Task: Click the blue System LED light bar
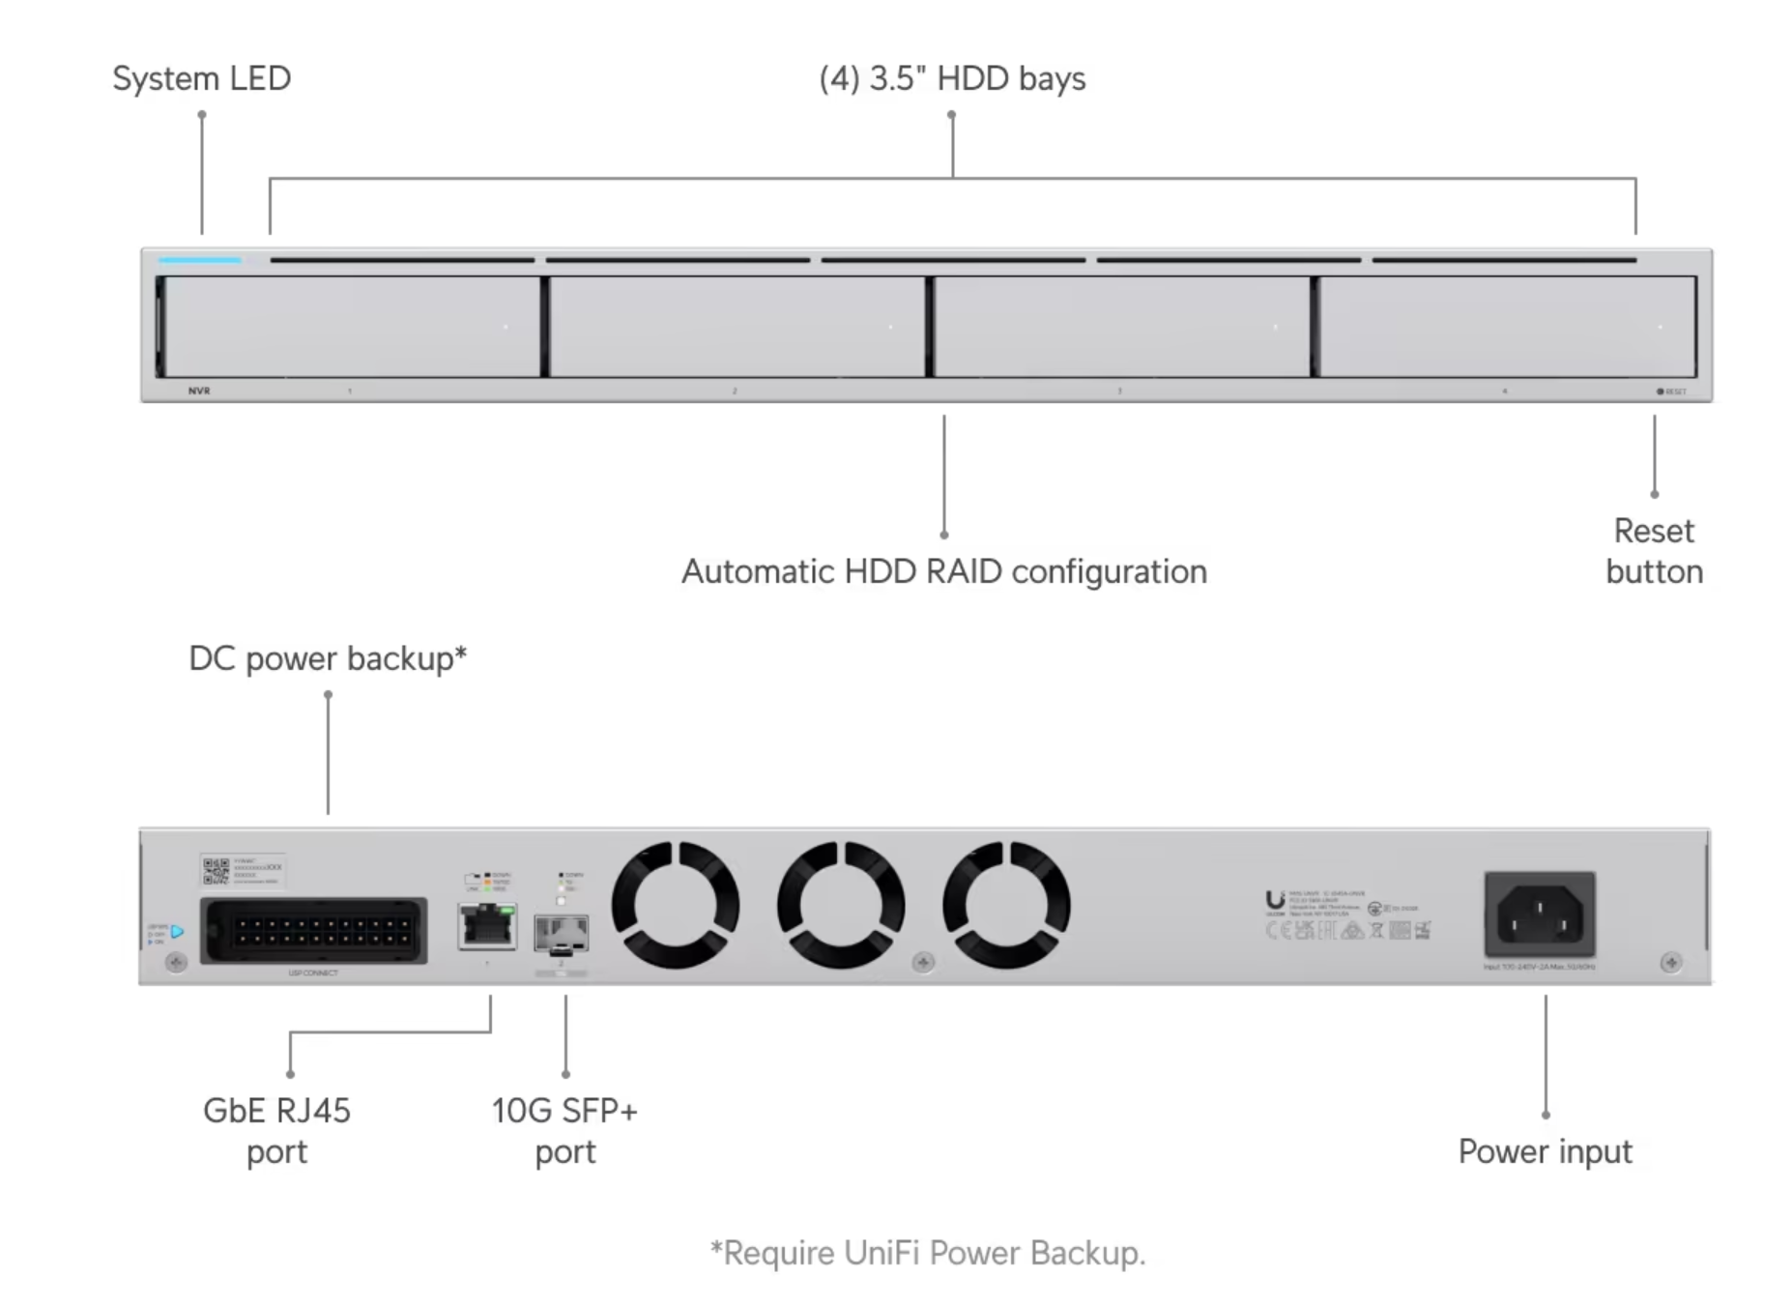200,260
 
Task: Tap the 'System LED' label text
201,78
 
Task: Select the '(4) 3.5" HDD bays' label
952,78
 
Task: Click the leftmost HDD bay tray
352,327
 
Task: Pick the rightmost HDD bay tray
1506,327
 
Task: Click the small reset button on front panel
1661,392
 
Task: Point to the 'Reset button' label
1654,551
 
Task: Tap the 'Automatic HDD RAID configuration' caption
943,571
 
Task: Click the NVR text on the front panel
199,391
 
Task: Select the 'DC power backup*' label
328,658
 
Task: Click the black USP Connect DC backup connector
313,931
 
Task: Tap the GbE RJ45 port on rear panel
487,926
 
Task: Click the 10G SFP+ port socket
561,933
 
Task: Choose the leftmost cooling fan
676,904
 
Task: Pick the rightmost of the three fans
1006,904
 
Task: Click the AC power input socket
1540,914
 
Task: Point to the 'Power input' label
1545,1151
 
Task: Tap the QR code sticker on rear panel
217,871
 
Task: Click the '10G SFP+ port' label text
564,1131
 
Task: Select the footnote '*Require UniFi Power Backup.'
928,1253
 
